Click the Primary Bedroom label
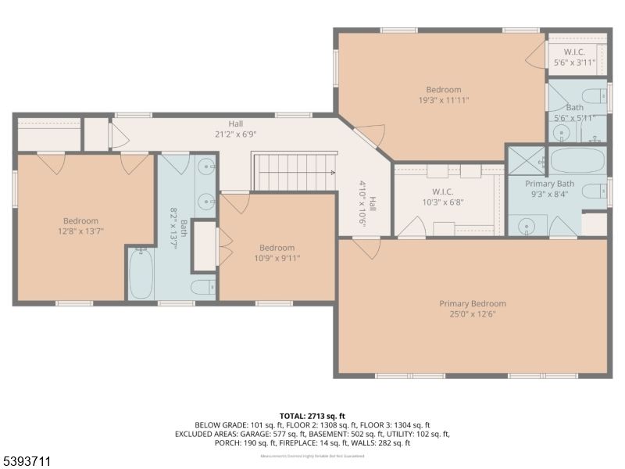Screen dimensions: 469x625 point(472,303)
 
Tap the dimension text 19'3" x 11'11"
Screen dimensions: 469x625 point(443,100)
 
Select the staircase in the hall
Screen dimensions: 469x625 point(292,171)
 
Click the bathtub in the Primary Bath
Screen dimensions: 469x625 point(577,161)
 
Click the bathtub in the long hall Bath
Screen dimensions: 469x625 point(141,273)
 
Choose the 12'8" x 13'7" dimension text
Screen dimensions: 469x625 point(80,231)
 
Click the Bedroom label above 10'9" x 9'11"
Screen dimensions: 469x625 point(277,248)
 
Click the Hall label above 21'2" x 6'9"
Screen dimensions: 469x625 point(235,124)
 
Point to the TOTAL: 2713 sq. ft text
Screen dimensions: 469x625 point(312,415)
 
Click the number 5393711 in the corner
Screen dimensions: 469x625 point(27,462)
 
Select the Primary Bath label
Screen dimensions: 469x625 point(549,184)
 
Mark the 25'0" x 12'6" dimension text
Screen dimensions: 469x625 point(472,314)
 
